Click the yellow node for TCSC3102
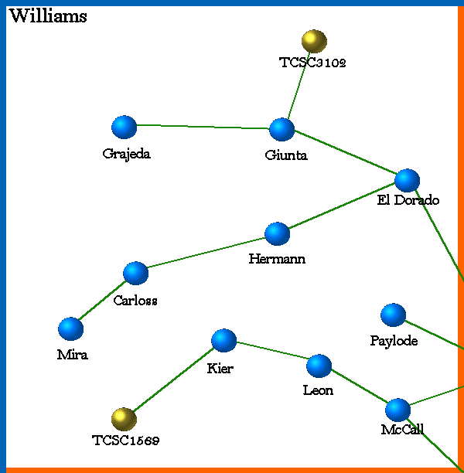[313, 41]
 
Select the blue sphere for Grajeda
[124, 127]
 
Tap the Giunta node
[281, 129]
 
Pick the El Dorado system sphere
[407, 180]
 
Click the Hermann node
[277, 233]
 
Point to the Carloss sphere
[135, 273]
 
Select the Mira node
[70, 328]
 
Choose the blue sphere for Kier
[223, 340]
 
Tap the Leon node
[319, 366]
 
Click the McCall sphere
[397, 410]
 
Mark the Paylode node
[393, 315]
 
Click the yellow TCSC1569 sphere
[123, 419]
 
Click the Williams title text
[48, 16]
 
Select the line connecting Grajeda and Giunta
[203, 128]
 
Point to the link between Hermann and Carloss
[206, 254]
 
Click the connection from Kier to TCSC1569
[173, 379]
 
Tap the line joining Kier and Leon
[271, 352]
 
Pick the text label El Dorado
[408, 201]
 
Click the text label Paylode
[394, 341]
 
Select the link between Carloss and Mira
[103, 301]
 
